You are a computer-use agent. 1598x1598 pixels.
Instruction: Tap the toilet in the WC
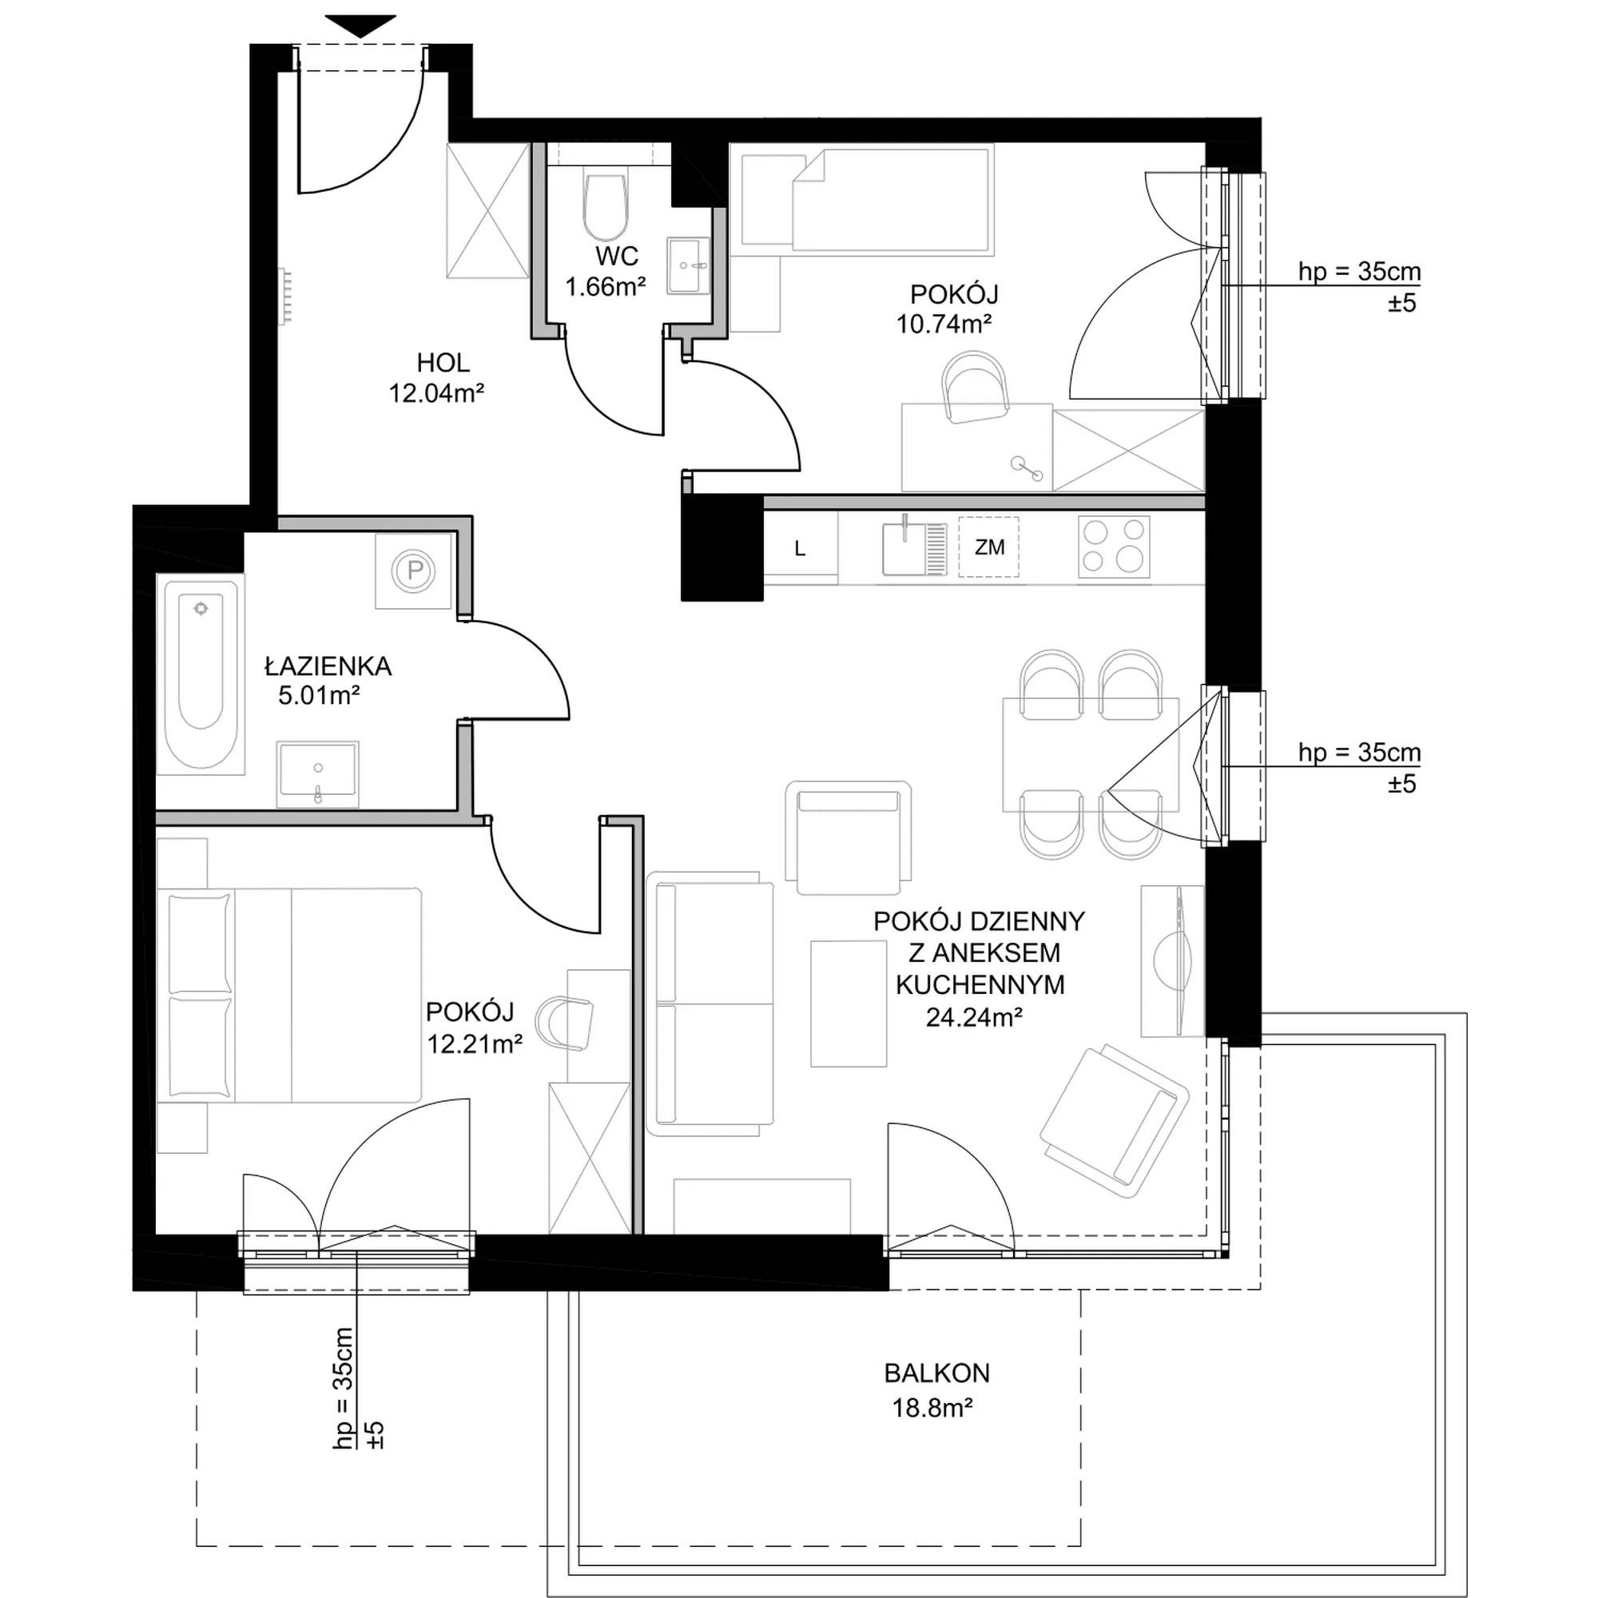point(605,205)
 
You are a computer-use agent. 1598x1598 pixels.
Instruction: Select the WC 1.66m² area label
point(606,272)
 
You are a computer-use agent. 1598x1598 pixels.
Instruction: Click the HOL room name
point(443,362)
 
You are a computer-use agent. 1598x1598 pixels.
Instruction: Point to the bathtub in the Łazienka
point(201,676)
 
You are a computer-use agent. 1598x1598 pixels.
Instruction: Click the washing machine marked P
point(415,570)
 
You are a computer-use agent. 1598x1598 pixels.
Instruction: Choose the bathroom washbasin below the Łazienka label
point(319,773)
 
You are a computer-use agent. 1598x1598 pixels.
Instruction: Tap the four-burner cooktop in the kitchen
point(1113,547)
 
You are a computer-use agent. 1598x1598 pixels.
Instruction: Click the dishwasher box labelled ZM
point(988,547)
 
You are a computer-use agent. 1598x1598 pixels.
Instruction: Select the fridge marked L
point(801,547)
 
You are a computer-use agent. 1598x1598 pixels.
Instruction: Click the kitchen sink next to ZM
point(914,545)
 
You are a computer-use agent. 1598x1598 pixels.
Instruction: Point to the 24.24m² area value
point(974,1017)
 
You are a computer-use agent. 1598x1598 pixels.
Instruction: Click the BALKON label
point(936,1373)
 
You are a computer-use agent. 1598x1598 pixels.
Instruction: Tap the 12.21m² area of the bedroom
point(475,1043)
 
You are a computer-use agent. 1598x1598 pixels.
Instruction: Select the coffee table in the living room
point(849,1004)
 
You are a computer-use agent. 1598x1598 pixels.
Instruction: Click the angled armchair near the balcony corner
point(1114,1123)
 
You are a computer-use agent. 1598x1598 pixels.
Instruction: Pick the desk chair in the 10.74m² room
point(976,386)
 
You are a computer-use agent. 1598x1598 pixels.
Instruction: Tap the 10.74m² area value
point(944,324)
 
